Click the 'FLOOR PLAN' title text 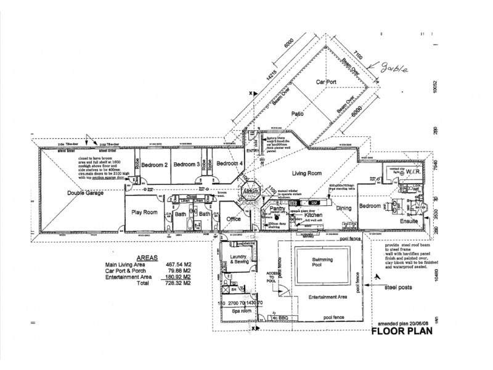click(x=402, y=331)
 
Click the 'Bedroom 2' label click(x=155, y=165)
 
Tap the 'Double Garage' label click(x=85, y=192)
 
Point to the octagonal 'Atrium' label click(x=253, y=192)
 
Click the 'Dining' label click(x=343, y=208)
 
